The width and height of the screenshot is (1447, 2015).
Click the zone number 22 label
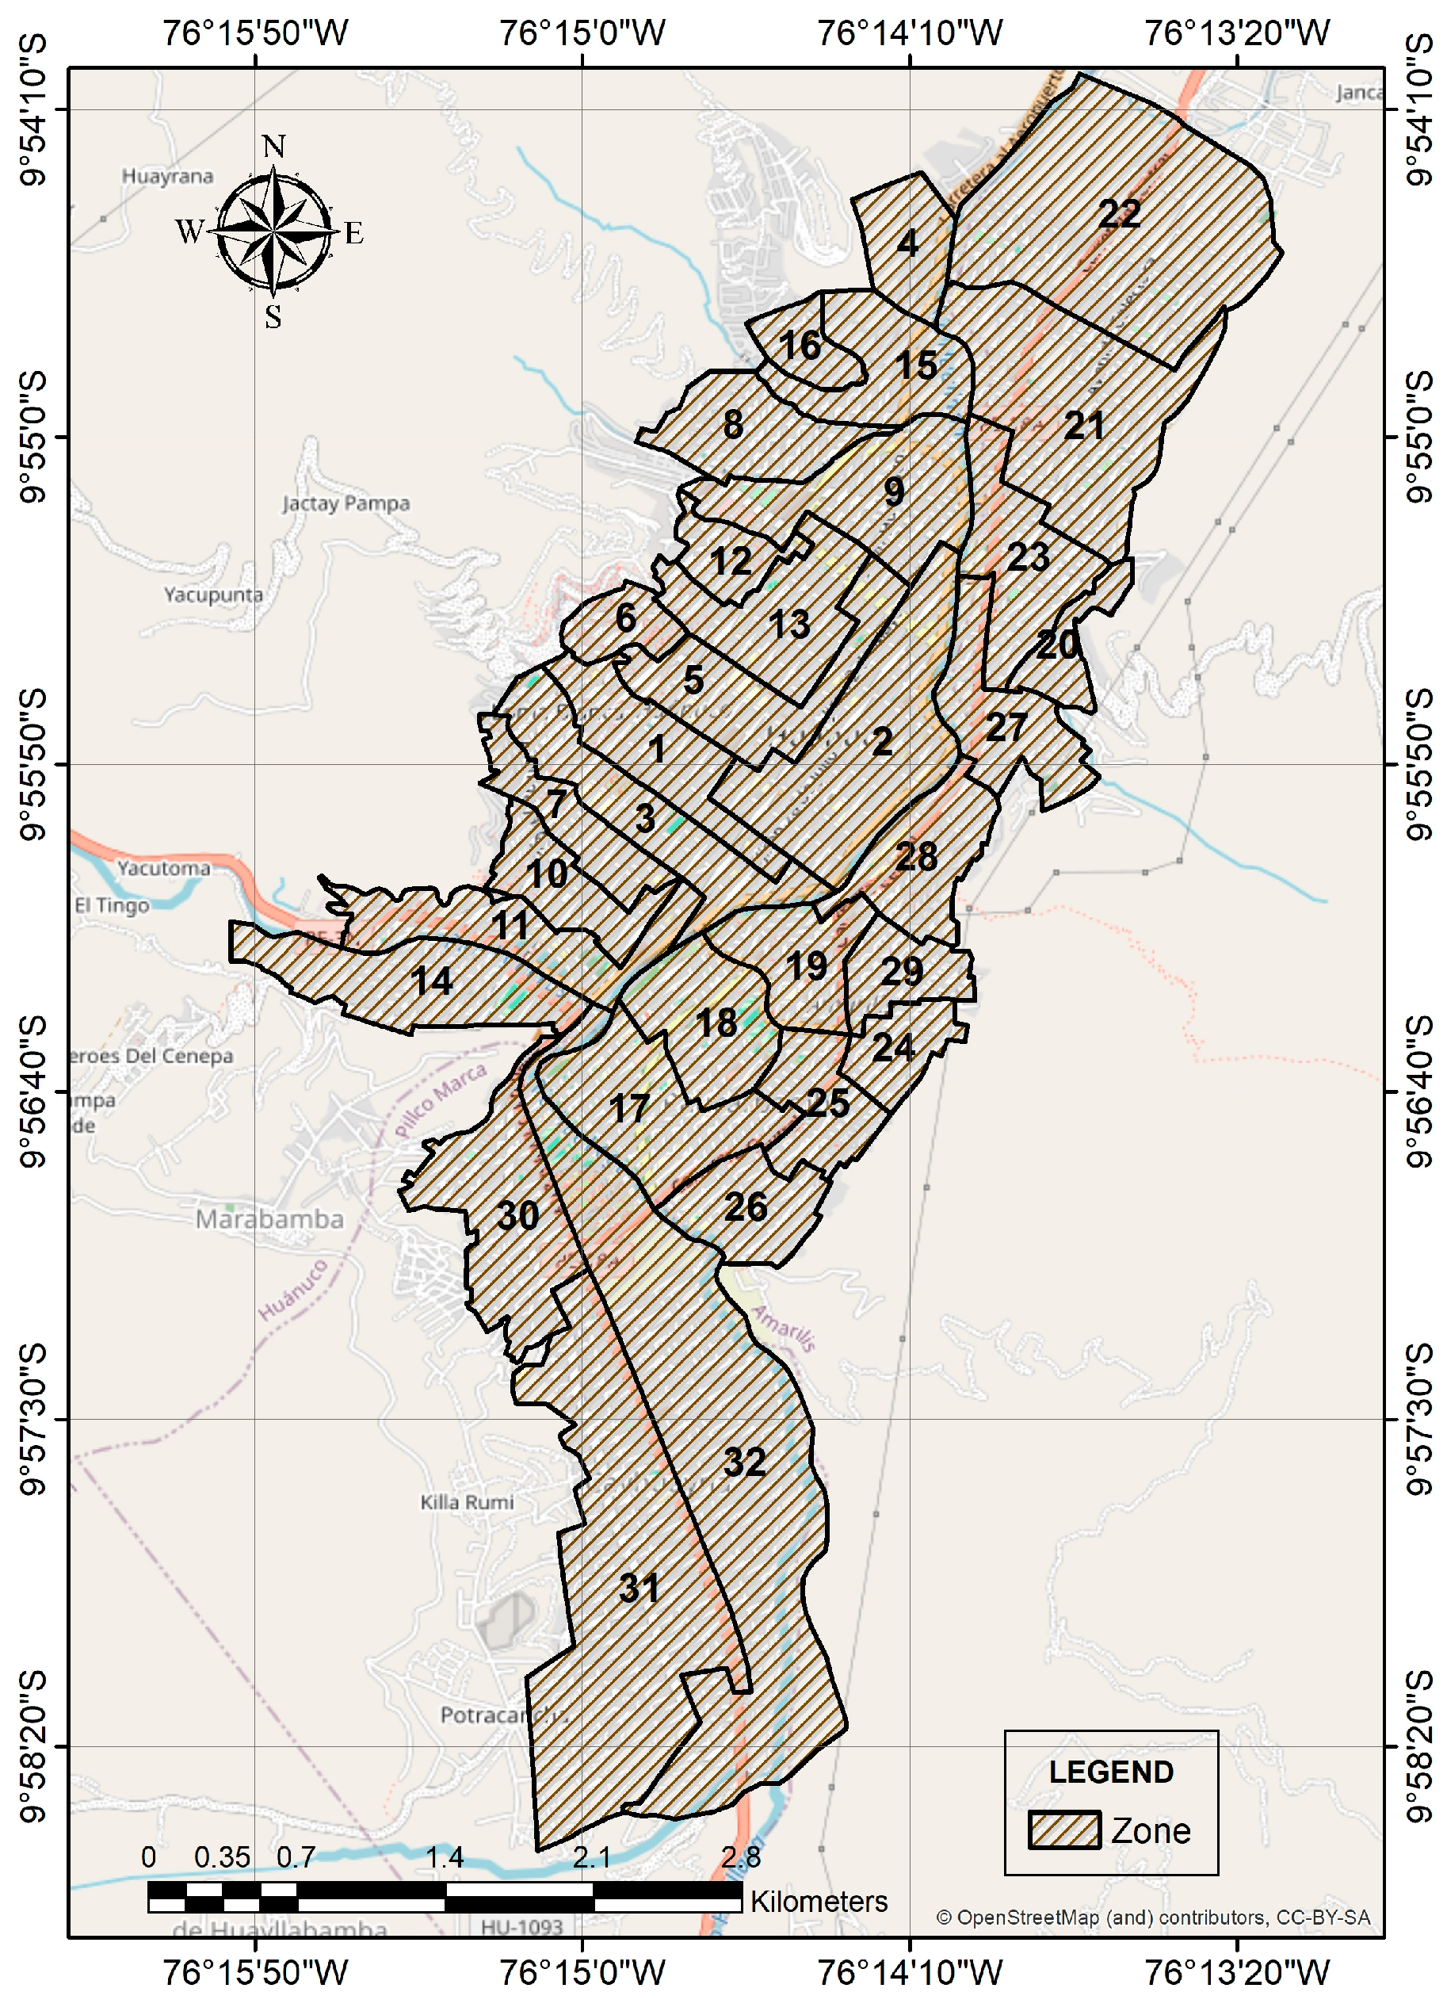1118,214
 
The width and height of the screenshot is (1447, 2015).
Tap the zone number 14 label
432,981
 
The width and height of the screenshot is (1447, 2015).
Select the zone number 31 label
639,1588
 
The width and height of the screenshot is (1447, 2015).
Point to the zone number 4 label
907,243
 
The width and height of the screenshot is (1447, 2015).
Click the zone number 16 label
800,346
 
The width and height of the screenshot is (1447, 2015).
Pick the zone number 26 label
744,1206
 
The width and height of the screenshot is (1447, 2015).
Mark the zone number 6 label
625,618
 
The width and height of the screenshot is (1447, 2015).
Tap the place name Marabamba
269,1218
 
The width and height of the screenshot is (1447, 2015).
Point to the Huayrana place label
167,176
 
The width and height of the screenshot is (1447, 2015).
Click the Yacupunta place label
213,595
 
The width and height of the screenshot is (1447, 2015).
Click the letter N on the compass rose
273,147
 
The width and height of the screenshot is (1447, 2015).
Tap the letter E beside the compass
353,234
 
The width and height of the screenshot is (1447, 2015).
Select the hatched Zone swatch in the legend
1064,1830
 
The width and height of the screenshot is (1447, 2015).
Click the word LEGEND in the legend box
1110,1772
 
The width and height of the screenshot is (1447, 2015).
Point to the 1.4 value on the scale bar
444,1856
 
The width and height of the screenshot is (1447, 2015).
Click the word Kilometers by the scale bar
818,1902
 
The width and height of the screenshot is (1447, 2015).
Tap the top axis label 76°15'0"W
582,34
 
